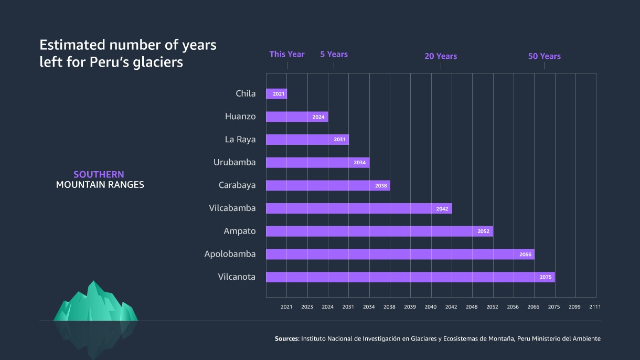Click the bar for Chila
[276, 94]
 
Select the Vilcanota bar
[410, 277]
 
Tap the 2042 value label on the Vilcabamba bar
[442, 209]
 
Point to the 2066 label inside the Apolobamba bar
[525, 255]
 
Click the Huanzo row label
[240, 117]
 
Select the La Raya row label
[240, 140]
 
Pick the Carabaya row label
[237, 185]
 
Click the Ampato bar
[379, 231]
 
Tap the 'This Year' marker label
[287, 54]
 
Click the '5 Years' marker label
[334, 54]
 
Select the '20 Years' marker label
[441, 56]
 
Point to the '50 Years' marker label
[544, 56]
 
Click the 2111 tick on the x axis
[595, 307]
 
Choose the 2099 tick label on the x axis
[574, 307]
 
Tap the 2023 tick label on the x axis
[307, 307]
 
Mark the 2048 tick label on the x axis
[472, 307]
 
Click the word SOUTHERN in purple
[99, 174]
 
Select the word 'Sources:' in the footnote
[287, 339]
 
